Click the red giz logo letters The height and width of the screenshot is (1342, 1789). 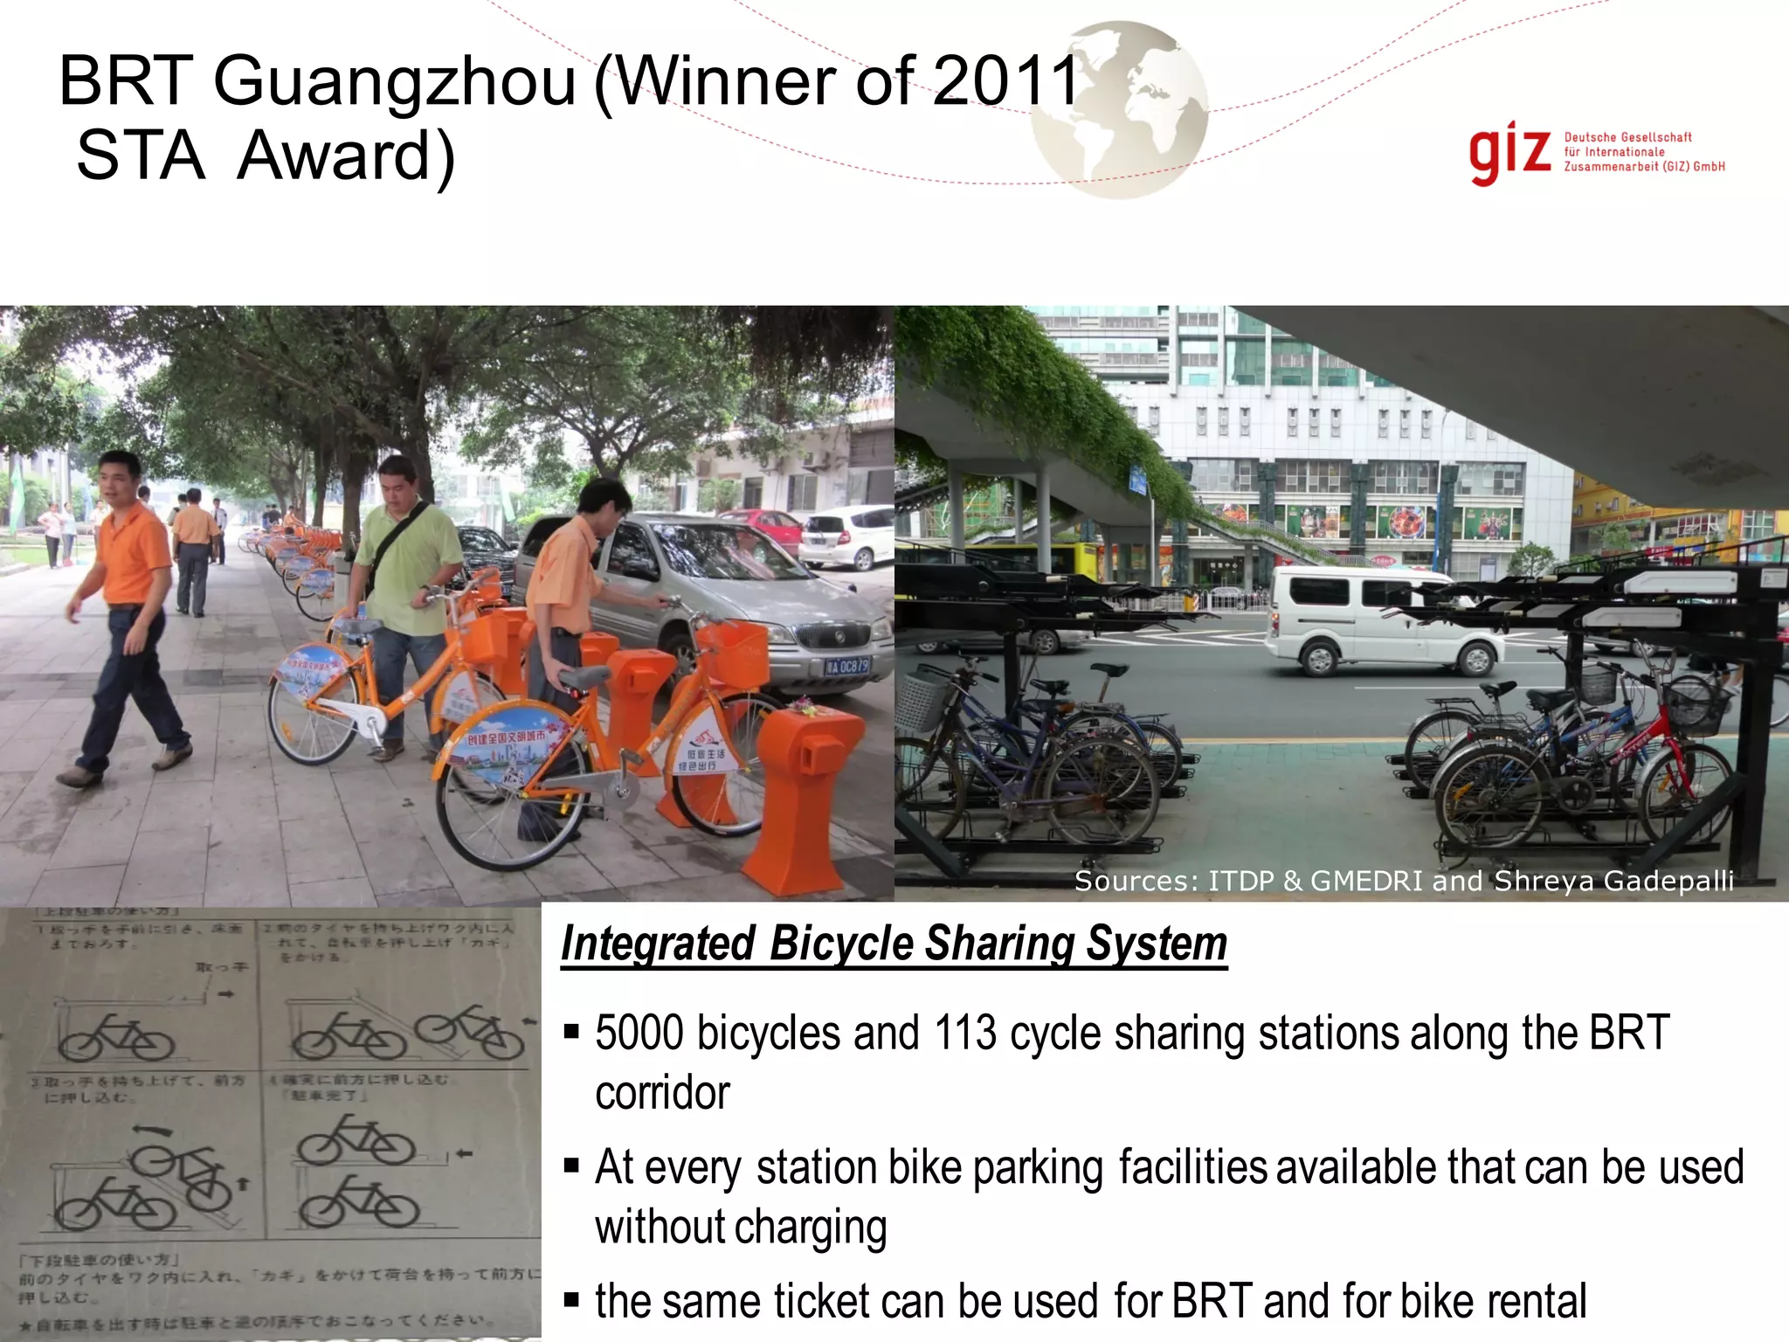click(1509, 154)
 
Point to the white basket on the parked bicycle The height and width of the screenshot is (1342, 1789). click(921, 702)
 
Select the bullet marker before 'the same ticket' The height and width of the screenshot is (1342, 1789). click(572, 1300)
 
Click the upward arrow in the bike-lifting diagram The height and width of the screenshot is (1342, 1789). click(243, 1183)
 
